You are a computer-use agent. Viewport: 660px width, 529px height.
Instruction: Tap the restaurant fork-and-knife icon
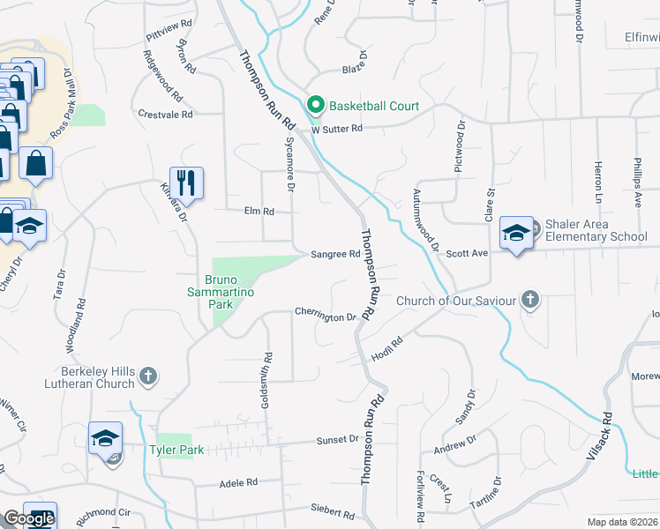click(186, 183)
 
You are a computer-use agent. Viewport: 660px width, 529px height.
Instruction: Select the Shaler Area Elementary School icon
click(516, 233)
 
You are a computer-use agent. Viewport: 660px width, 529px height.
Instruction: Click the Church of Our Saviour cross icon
click(529, 301)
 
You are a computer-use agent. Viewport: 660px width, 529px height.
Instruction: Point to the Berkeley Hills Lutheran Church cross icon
click(148, 376)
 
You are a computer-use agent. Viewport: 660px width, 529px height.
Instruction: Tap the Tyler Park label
click(181, 450)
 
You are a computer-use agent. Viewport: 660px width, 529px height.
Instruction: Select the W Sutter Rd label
click(336, 129)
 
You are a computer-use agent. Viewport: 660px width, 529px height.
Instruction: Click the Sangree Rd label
click(335, 254)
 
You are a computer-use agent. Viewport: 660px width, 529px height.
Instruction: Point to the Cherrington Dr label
click(325, 314)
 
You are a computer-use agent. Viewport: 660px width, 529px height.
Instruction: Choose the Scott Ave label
click(467, 252)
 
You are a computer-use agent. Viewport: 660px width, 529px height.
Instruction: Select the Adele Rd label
click(238, 482)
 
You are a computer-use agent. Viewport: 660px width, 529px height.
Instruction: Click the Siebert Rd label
click(333, 510)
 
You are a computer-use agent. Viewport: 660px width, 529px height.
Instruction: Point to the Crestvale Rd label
click(166, 115)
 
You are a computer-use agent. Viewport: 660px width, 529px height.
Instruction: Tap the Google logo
click(29, 518)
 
